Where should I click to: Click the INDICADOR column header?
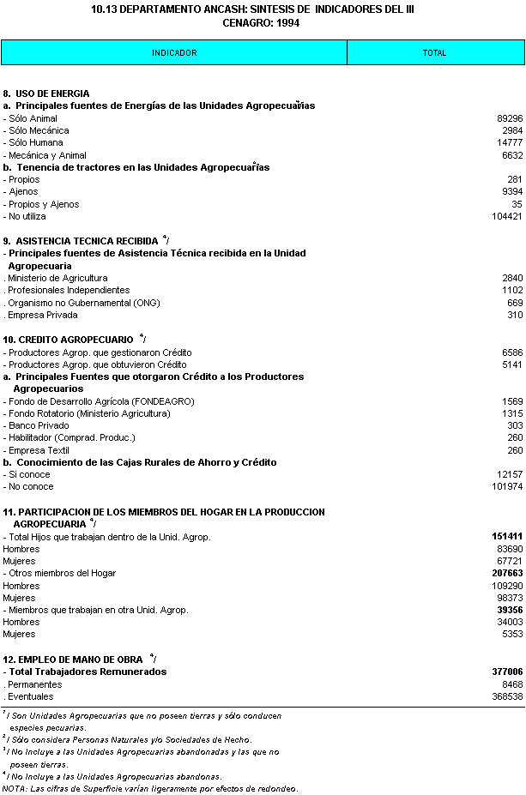tap(174, 53)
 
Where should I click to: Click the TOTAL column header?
tap(434, 53)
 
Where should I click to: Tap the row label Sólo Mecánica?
tap(38, 130)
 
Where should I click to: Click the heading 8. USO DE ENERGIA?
tap(46, 93)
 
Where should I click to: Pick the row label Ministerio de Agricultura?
tap(57, 278)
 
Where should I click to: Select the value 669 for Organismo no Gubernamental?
tap(514, 303)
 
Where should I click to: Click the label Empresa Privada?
tap(41, 315)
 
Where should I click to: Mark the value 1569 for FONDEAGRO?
tap(512, 401)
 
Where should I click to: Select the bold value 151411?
tap(507, 537)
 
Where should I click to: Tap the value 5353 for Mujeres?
tap(512, 634)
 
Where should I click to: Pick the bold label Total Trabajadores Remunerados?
tap(87, 672)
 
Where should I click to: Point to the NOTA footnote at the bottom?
tap(150, 788)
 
